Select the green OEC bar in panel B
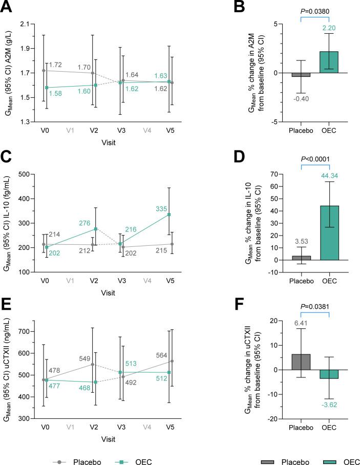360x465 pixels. (x=330, y=62)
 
